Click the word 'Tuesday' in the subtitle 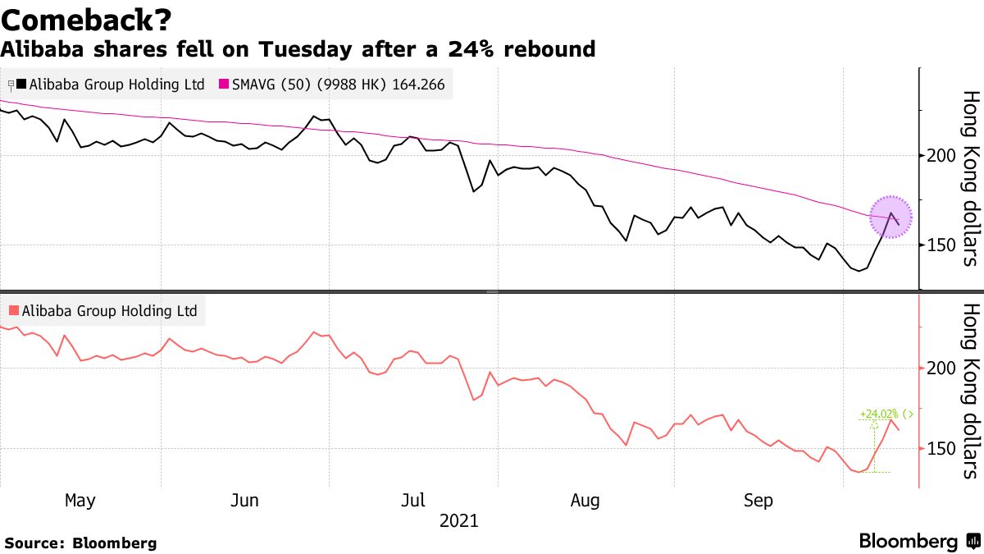(x=300, y=49)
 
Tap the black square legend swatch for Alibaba (x=21, y=85)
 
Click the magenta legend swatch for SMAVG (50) (x=225, y=85)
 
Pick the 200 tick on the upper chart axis (x=936, y=156)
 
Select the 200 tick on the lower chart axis (x=936, y=369)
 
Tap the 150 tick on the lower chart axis (x=936, y=448)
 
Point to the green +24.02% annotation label (x=879, y=414)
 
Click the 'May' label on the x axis (x=80, y=500)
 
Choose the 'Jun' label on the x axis (x=247, y=500)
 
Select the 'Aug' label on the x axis (x=585, y=500)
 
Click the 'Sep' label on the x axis (x=758, y=500)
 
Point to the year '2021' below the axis (x=459, y=520)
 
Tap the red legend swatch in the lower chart (x=13, y=311)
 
